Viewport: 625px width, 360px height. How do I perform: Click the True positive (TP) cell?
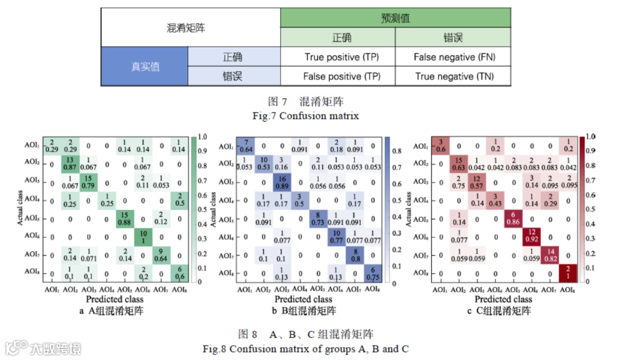337,57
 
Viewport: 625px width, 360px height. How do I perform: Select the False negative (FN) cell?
453,57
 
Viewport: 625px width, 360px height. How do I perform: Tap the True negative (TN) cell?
453,76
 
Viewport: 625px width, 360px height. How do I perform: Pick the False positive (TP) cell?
337,76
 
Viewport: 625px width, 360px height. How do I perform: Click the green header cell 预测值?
395,18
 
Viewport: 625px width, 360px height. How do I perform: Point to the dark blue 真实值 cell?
144,67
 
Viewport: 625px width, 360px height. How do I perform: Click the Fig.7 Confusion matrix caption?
306,116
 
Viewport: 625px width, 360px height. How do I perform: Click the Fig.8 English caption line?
306,348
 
